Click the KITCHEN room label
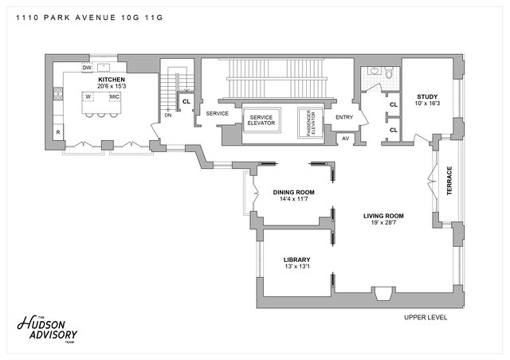(112, 80)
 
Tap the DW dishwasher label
(87, 67)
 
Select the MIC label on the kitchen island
(114, 97)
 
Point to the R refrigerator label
(58, 132)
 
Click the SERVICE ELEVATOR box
(261, 122)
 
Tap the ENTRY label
(344, 118)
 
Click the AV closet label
(345, 138)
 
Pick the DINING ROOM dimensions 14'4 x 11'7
(293, 199)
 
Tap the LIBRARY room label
(296, 260)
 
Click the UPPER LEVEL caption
(426, 317)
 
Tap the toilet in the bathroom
(390, 74)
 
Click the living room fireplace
(382, 292)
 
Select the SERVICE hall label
(218, 113)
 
